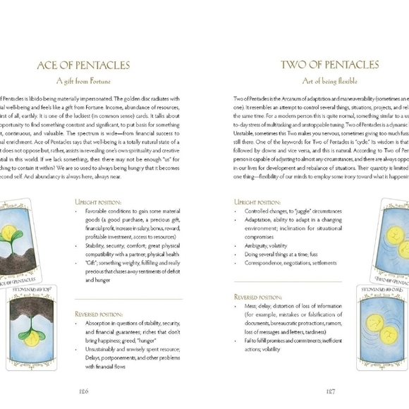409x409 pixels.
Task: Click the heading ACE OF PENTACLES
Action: (84, 66)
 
